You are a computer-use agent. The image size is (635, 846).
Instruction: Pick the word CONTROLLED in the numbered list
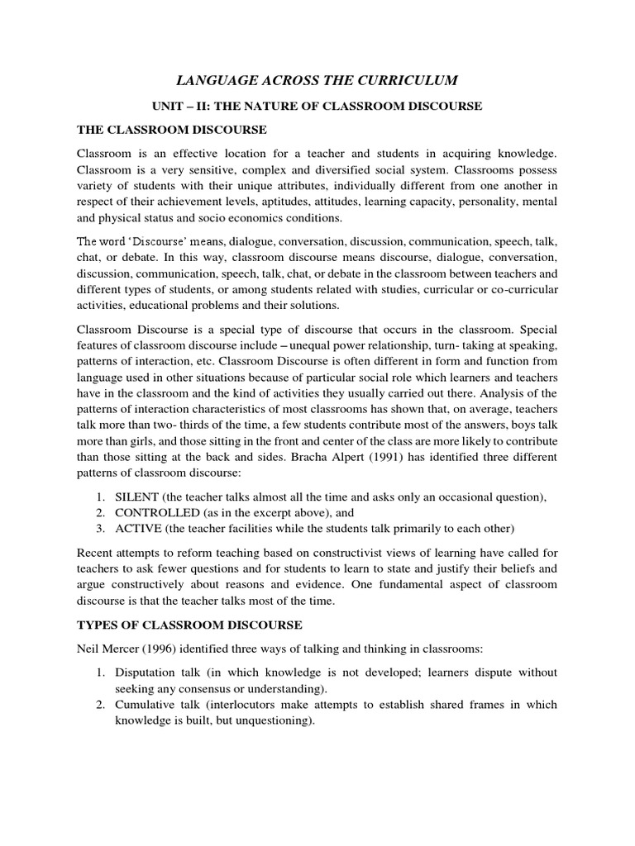coord(152,513)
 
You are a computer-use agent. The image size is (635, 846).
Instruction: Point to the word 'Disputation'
coord(146,672)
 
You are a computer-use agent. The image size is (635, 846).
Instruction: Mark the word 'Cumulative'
coord(146,705)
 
